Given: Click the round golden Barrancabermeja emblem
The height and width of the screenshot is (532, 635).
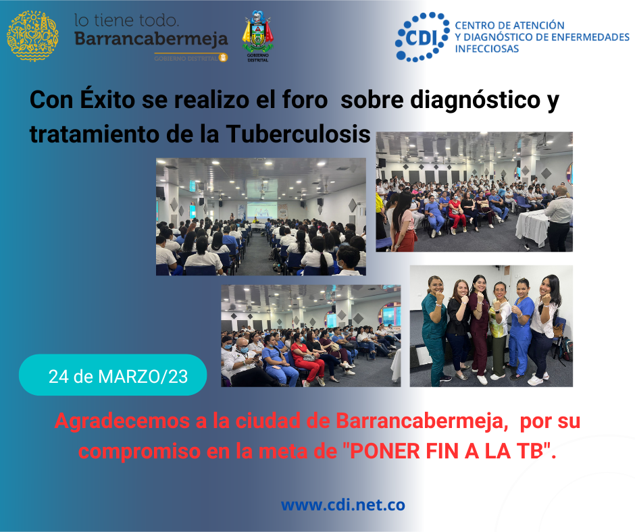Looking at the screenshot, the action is click(x=32, y=36).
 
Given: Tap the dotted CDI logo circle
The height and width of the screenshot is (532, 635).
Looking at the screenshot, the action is click(x=422, y=37).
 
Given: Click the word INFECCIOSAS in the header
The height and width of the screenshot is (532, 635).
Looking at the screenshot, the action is click(x=487, y=49).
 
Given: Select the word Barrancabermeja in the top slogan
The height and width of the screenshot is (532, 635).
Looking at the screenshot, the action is click(x=151, y=39).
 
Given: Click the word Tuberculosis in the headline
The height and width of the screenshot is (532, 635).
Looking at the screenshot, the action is click(x=298, y=134).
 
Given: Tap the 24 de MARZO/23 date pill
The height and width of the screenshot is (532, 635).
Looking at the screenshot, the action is click(x=113, y=375).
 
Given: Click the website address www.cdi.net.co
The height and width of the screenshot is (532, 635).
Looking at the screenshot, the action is click(x=343, y=505).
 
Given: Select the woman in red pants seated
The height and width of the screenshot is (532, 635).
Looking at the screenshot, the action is click(x=306, y=359).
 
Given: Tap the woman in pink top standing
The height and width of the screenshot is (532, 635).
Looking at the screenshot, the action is click(x=403, y=221).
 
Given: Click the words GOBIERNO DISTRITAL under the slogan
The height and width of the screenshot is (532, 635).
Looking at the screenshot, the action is click(x=186, y=58).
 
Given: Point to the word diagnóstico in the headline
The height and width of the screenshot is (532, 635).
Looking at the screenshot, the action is click(x=476, y=100).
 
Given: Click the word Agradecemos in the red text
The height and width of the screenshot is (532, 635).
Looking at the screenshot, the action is click(x=122, y=421).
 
